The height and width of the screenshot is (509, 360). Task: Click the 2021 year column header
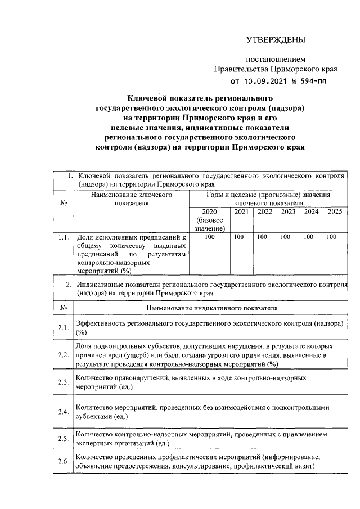coord(241,212)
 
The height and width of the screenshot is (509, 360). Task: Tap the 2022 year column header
coord(265,212)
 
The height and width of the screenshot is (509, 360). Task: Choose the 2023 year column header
coord(288,212)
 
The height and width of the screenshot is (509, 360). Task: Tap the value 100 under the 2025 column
coord(331,237)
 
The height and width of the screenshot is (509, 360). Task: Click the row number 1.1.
coord(63,237)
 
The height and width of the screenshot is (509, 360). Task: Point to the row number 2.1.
coord(63,328)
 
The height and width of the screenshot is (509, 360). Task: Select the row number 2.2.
coord(63,355)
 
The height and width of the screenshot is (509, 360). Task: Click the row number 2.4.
coord(63,412)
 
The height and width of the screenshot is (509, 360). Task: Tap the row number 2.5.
coord(63,438)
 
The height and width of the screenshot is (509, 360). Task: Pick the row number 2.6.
coord(63,462)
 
